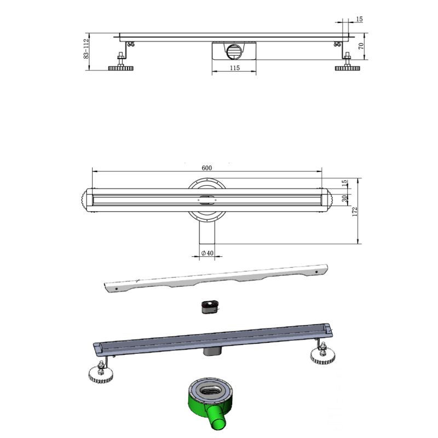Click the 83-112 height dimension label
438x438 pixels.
point(86,48)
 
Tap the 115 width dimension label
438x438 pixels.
point(235,68)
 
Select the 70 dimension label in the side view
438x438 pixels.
point(361,46)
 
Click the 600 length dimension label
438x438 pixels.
point(207,168)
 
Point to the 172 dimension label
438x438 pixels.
point(355,212)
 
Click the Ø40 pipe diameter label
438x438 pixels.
point(208,253)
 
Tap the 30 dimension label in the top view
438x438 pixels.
point(345,198)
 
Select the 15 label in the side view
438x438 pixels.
point(359,19)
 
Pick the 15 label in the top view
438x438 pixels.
point(345,182)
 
